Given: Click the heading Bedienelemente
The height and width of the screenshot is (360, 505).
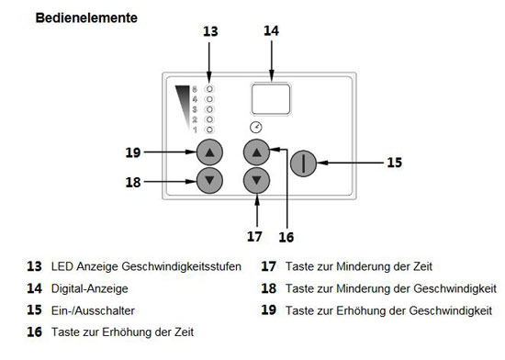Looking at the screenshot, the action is tap(86, 18).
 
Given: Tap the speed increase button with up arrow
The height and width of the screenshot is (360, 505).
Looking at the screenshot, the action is tap(209, 152).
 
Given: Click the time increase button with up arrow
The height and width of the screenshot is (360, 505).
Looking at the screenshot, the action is tap(257, 152).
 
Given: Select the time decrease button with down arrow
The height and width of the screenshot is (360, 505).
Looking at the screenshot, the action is tap(257, 179).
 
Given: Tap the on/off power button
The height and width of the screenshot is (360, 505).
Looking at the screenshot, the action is tap(304, 163).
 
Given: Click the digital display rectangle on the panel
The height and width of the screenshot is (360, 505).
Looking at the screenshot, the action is tap(271, 97).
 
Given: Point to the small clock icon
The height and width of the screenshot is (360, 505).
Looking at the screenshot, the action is tap(255, 128).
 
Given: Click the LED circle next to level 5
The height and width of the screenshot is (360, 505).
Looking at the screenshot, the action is tap(209, 88).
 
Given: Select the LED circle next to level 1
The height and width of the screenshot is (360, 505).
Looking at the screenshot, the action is tap(209, 129).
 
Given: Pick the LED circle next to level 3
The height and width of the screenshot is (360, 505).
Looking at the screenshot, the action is tap(209, 109).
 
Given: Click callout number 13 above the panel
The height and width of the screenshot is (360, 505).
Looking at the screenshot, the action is tap(210, 31).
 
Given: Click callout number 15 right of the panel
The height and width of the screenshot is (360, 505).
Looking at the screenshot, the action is tap(394, 163).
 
